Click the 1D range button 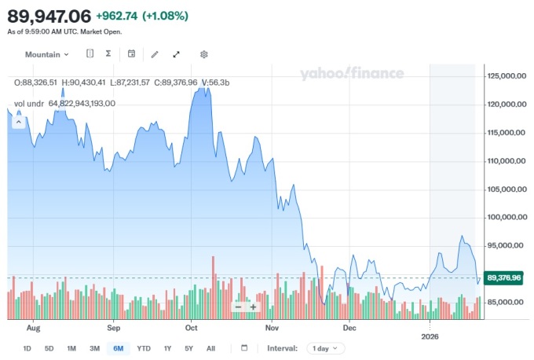click(x=27, y=348)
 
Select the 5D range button click(x=49, y=348)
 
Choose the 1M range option click(x=71, y=348)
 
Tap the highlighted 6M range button click(x=119, y=348)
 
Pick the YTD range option click(x=144, y=348)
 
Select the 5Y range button click(x=188, y=348)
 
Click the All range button click(x=210, y=348)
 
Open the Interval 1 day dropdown click(x=325, y=348)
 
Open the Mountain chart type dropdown click(x=46, y=54)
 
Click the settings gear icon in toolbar click(x=203, y=54)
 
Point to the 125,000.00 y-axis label click(x=505, y=76)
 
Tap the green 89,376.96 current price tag click(x=503, y=277)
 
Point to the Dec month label click(x=349, y=326)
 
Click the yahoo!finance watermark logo click(x=351, y=74)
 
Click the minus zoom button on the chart click(x=239, y=307)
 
